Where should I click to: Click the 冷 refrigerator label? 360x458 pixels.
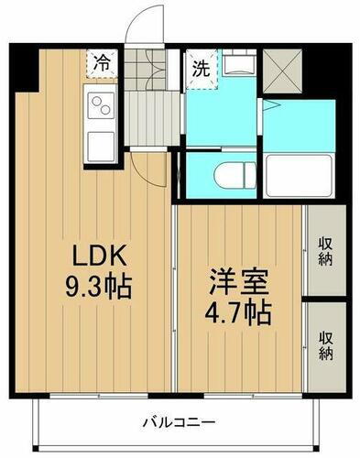tap(102, 64)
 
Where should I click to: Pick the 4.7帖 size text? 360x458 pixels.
tap(237, 311)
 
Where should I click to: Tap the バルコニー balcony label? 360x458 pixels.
tap(179, 422)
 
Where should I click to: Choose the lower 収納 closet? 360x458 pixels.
tap(325, 343)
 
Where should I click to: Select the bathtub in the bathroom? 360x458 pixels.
tap(300, 174)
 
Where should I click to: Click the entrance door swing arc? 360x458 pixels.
tap(139, 27)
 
